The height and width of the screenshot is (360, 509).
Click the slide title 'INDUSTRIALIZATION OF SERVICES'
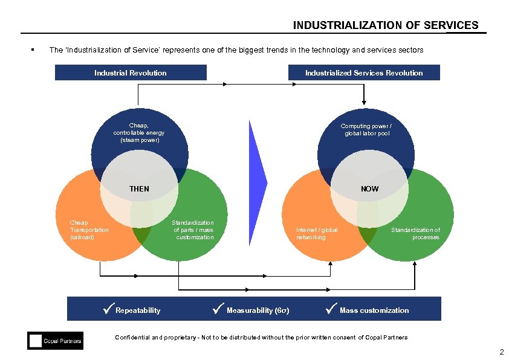click(x=385, y=25)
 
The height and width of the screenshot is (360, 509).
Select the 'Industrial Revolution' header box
click(x=131, y=73)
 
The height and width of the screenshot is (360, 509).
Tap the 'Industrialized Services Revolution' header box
click(x=364, y=73)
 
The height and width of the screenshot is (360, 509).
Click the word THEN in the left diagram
click(x=139, y=189)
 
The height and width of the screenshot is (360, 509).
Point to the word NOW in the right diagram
click(x=370, y=189)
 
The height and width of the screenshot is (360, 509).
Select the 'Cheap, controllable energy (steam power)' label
click(x=139, y=133)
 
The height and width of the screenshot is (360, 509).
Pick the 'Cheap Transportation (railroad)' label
click(x=89, y=230)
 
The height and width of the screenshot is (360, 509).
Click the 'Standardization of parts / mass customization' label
click(x=193, y=230)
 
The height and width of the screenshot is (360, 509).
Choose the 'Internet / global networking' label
click(x=317, y=234)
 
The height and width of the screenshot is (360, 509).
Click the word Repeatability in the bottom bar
click(x=138, y=310)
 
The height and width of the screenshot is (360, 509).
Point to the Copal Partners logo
click(x=55, y=341)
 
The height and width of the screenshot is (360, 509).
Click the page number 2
click(x=501, y=352)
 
